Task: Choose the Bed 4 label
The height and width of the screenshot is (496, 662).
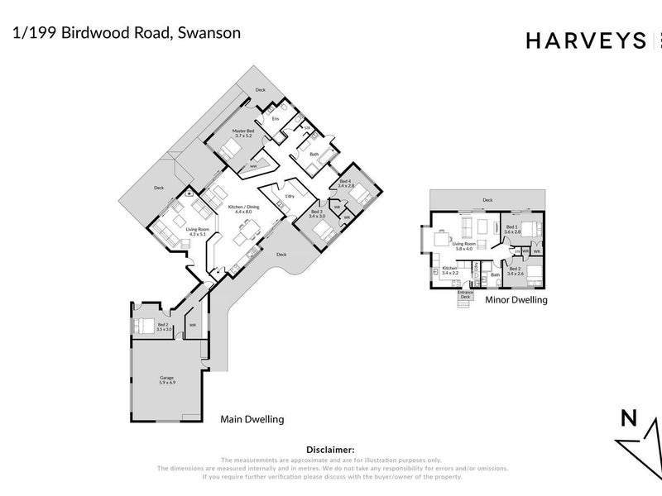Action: tap(345, 184)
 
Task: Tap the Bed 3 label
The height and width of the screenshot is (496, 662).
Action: tap(318, 213)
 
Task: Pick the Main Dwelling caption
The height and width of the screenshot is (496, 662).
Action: tap(252, 419)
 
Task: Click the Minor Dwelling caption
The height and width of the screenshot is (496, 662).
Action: tap(516, 300)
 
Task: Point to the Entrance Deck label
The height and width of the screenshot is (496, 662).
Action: tap(465, 294)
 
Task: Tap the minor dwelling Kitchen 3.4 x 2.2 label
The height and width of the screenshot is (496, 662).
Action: tap(449, 269)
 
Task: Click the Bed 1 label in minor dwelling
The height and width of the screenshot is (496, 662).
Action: tap(511, 229)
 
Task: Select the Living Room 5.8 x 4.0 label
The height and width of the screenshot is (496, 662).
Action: tap(463, 246)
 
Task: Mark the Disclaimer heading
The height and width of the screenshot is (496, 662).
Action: tap(330, 450)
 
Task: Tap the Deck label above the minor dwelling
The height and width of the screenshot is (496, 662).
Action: tap(487, 200)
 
